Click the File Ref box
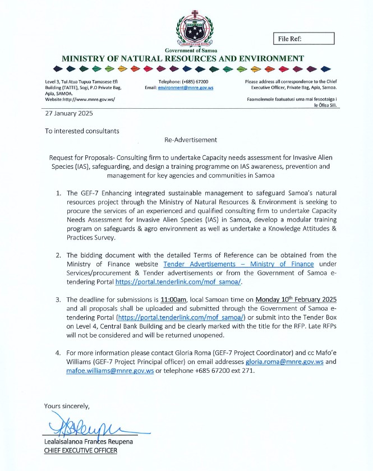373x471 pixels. click(x=305, y=38)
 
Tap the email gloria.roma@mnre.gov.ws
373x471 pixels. click(x=285, y=362)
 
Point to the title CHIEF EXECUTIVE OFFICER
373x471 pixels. click(x=81, y=451)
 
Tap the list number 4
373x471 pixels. click(x=58, y=353)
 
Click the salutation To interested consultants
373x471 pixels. click(x=82, y=131)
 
